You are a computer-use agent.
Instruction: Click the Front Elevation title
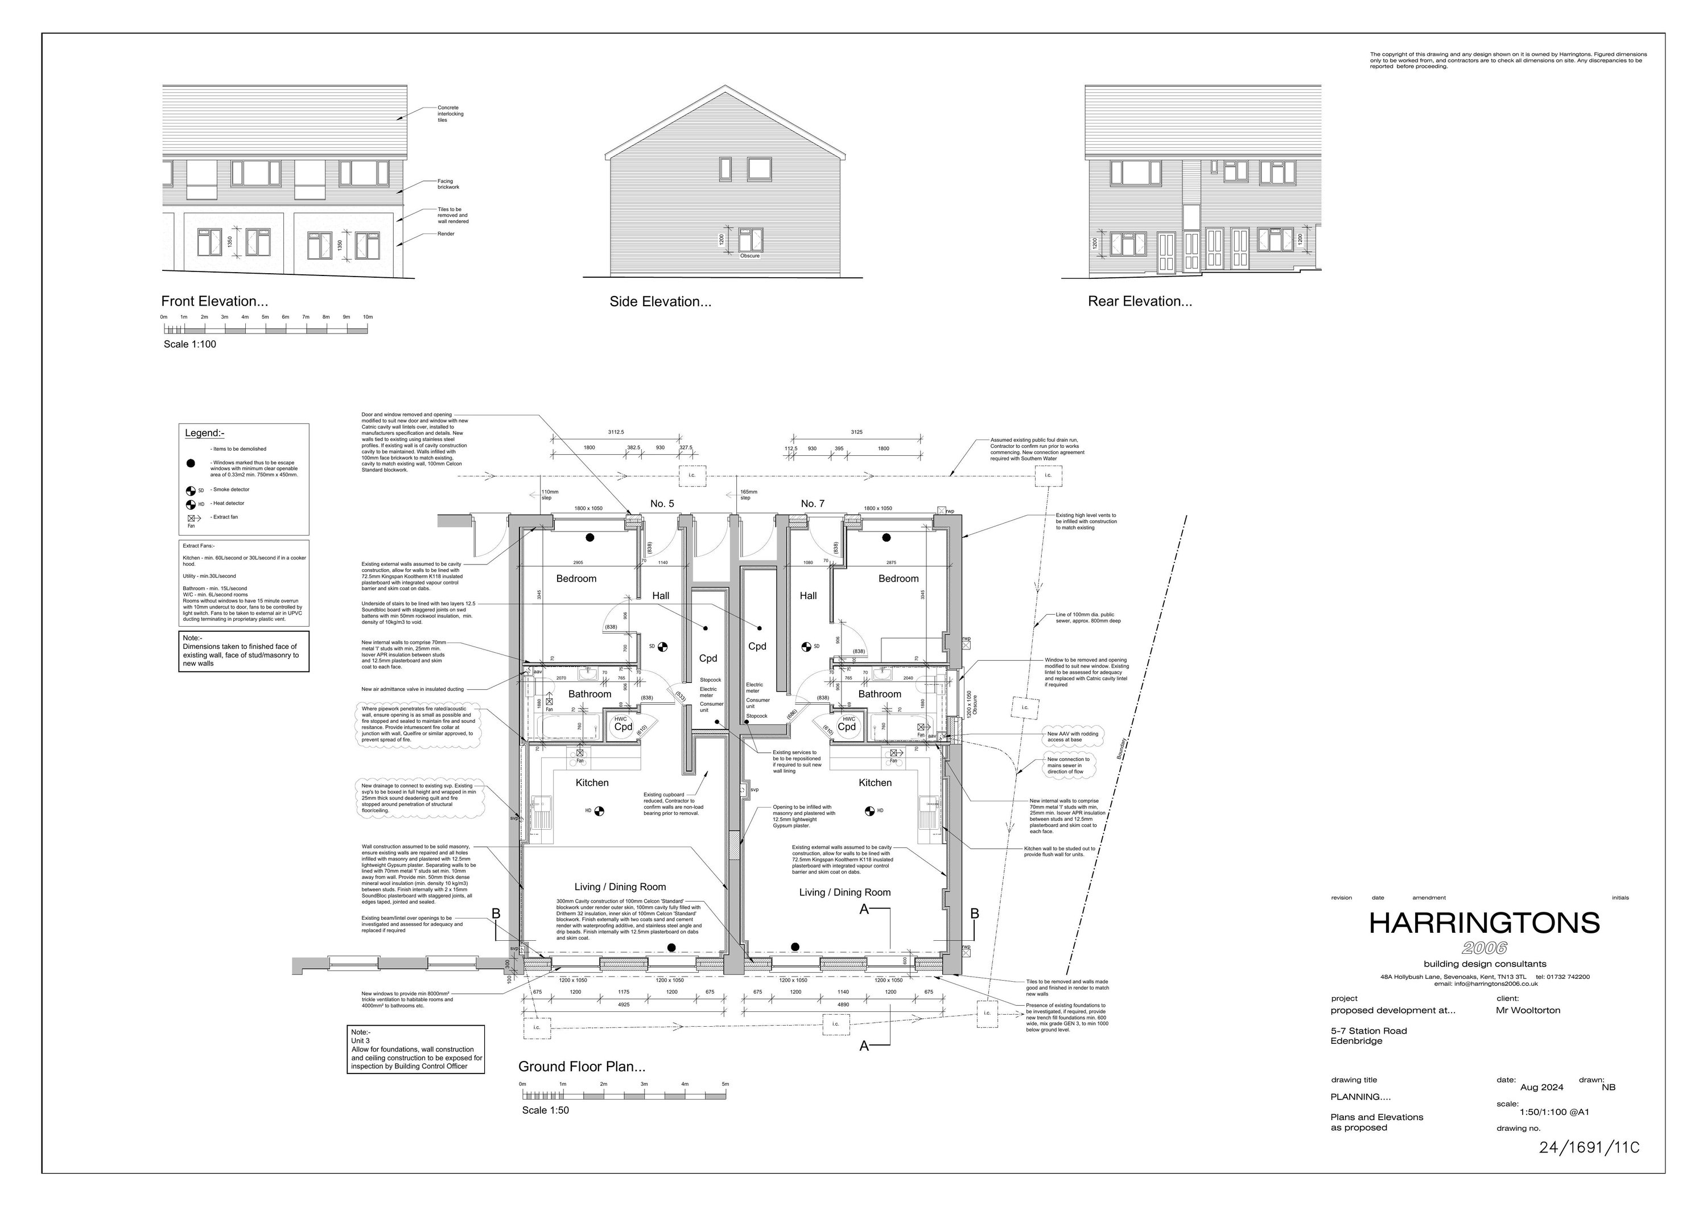coord(214,302)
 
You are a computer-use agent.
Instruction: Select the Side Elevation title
coord(660,302)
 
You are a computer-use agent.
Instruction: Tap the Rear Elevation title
coord(1140,302)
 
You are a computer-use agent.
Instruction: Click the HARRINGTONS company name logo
coord(1484,924)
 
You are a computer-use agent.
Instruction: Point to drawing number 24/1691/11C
coord(1589,1147)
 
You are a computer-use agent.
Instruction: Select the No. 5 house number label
coord(662,504)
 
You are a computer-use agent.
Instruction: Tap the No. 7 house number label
coord(812,504)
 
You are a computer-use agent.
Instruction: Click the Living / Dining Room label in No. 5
coord(620,887)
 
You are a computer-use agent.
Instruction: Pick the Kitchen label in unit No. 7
coord(875,783)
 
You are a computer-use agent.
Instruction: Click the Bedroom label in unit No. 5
coord(576,578)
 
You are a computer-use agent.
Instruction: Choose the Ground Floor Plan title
coord(582,1067)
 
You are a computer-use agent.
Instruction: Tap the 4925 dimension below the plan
coord(623,1005)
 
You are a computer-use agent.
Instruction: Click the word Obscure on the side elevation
coord(749,256)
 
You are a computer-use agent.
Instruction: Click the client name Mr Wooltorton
coord(1528,1010)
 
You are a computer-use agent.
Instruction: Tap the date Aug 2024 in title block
coord(1541,1087)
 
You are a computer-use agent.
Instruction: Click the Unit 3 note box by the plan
coord(417,1049)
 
